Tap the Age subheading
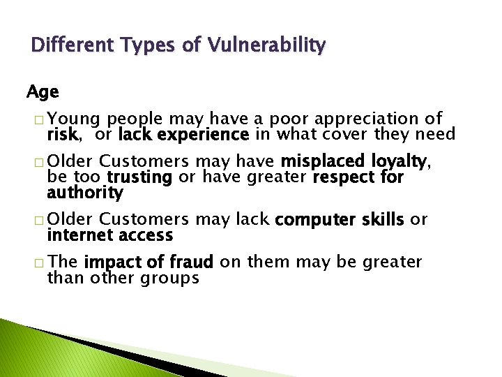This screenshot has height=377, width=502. coord(43,91)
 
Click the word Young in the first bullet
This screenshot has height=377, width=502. coord(75,119)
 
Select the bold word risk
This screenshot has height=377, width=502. coord(61,134)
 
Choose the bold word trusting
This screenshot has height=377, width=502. coord(139,177)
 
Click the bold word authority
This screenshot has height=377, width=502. coord(85,192)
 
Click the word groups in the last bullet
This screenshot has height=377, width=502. coord(172,278)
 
